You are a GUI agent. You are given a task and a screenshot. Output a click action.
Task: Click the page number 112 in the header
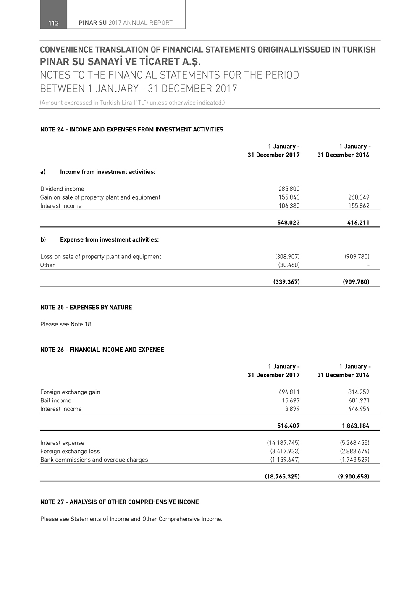(53, 23)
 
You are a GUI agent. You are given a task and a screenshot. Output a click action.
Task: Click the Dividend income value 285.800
(289, 189)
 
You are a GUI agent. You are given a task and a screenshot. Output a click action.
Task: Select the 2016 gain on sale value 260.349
(359, 197)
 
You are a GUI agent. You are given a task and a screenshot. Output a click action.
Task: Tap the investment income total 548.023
(288, 223)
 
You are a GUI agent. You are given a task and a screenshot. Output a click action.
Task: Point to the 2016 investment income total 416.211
(358, 223)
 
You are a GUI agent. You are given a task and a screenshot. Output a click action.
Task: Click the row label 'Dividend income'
(62, 189)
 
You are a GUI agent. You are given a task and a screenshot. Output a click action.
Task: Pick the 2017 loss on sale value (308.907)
(287, 257)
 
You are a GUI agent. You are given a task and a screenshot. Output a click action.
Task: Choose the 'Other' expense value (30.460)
(289, 265)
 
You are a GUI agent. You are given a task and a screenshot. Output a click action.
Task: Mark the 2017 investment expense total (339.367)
(286, 282)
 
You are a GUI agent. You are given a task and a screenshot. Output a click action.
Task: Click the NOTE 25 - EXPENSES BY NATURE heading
(86, 308)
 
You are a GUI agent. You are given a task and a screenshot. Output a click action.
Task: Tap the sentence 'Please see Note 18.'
(66, 324)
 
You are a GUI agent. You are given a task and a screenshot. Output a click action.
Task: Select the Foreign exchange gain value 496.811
(289, 392)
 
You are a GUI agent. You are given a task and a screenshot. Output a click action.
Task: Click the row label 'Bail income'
(56, 401)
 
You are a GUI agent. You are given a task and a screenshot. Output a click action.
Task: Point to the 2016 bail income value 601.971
(359, 401)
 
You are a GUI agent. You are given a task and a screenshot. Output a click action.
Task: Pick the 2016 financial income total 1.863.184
(355, 426)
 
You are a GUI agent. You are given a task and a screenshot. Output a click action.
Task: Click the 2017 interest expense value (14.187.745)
(283, 443)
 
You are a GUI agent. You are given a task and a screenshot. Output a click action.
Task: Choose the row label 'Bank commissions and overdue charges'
(94, 460)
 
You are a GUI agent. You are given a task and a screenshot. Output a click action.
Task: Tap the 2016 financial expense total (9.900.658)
(353, 477)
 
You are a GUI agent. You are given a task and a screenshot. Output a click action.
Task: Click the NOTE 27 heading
(120, 502)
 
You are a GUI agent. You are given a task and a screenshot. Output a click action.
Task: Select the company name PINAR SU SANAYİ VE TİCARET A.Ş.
(121, 62)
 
